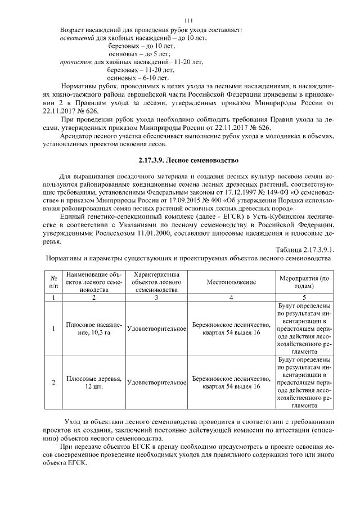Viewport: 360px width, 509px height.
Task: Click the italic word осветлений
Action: [77, 38]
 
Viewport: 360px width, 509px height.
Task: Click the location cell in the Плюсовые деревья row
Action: [231, 382]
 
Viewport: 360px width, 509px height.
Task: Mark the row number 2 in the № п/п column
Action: [53, 382]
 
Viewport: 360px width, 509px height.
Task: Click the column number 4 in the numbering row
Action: [231, 297]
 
